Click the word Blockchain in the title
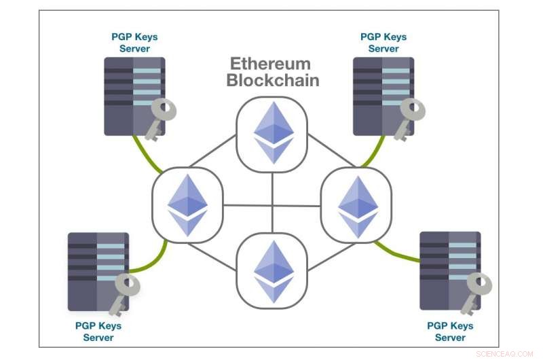coord(272,80)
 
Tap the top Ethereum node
coord(272,132)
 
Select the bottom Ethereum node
coord(272,269)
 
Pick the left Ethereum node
coord(187,203)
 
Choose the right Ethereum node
coord(356,203)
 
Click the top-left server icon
coord(132,96)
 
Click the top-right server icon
coord(382,96)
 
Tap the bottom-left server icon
coord(96,271)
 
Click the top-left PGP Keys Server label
coord(134,42)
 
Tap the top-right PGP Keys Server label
coord(383,42)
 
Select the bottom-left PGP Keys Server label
coord(98,331)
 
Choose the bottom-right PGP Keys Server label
coord(450,331)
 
